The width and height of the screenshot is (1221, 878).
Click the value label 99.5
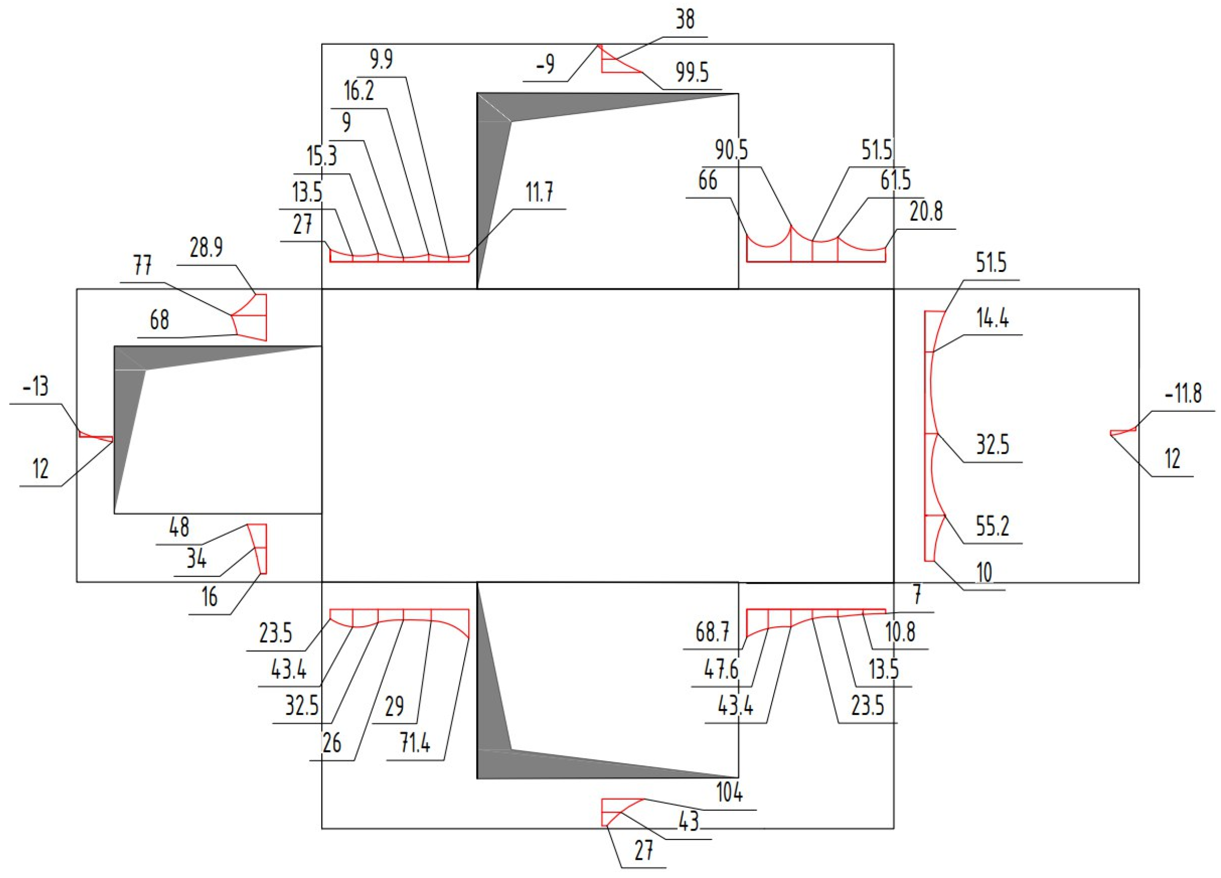click(693, 73)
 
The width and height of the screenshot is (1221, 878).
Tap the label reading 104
click(730, 793)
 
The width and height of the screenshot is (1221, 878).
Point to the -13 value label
click(36, 387)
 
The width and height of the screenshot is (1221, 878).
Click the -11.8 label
click(1183, 394)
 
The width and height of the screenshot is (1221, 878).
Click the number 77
click(143, 266)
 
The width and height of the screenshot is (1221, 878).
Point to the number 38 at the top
click(685, 20)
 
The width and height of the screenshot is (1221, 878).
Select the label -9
click(545, 65)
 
